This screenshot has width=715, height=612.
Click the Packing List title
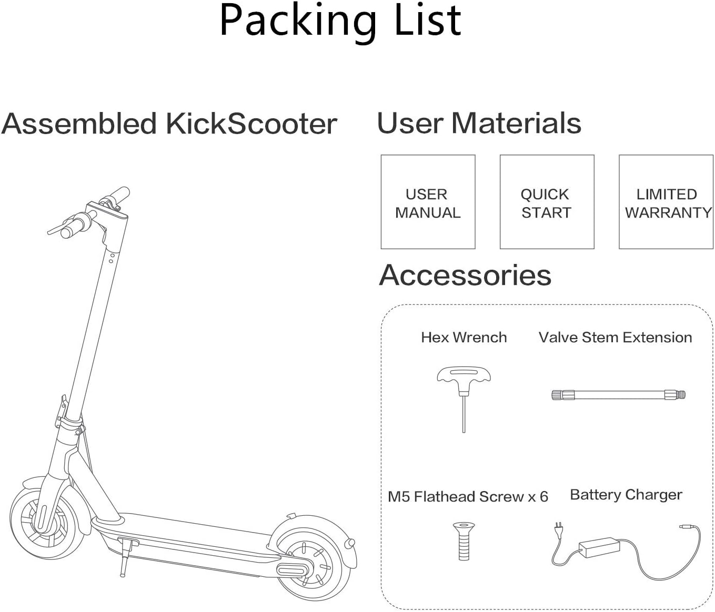coord(340,21)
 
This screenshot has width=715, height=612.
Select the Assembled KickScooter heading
coord(169,124)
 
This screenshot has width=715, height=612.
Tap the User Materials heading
coord(479,123)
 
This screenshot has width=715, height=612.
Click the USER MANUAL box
coord(428,202)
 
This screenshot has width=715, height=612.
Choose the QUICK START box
coord(547,202)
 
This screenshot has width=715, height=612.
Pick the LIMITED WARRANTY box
coord(666,202)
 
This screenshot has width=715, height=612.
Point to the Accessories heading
coord(465,275)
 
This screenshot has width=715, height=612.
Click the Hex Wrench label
coord(464,338)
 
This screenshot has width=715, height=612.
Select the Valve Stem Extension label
coord(615,338)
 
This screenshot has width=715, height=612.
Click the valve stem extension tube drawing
coord(618,394)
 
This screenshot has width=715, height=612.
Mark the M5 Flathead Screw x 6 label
coord(468,497)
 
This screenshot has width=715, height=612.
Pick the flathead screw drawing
coord(464,540)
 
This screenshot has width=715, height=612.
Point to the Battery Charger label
coord(626,495)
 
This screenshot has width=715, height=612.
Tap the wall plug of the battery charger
coord(558,528)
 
